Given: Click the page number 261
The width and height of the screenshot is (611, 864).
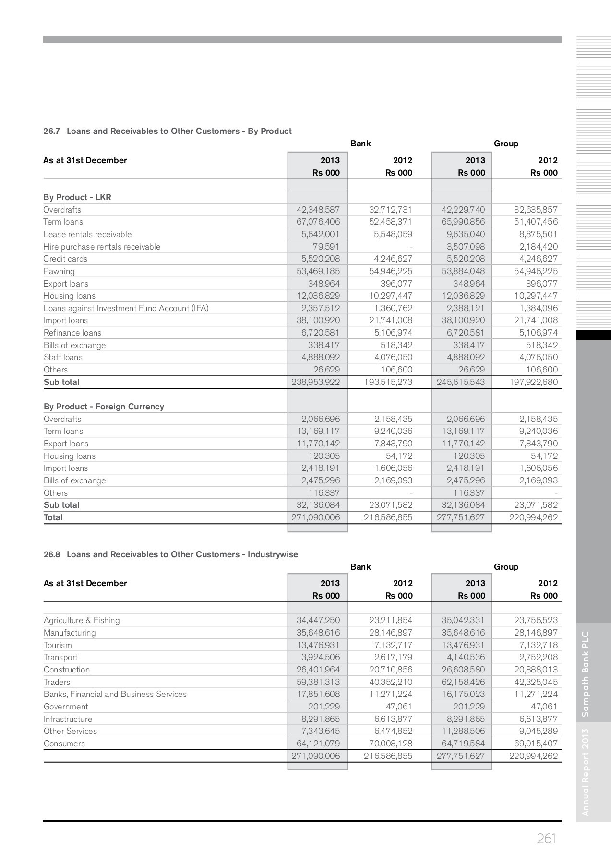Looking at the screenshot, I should pos(546,839).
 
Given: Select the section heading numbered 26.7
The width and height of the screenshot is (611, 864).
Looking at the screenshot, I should pos(167,131).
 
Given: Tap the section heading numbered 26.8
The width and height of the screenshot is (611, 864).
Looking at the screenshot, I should pos(170,554).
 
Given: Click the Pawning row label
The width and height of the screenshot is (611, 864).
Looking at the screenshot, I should pos(59,271).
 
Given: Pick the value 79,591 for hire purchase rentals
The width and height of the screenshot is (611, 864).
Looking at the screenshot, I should pos(326,247).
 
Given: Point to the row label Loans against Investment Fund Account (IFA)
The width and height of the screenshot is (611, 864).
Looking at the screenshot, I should pos(126,308).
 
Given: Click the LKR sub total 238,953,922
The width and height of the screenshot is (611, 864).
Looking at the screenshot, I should pos(316,382).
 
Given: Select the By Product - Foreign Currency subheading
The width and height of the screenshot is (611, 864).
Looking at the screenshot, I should pos(104,407).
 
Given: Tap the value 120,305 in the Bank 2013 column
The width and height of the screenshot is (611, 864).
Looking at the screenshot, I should pos(323,456).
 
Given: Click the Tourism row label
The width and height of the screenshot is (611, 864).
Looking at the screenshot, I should pos(58,645).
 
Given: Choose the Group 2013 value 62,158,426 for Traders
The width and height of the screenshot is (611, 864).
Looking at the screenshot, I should pos(463,682).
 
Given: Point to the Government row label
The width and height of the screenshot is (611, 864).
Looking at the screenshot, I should pos(66,707).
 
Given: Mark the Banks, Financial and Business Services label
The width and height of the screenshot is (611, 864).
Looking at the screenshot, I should pos(115,694).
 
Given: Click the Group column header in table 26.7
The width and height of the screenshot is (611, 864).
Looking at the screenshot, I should pos(506,144).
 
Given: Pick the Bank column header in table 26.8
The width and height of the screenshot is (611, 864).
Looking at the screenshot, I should pos(360,567).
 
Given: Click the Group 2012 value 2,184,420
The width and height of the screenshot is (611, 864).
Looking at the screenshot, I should pos(538,247).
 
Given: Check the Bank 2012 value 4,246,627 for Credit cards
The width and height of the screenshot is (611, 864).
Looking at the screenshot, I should pos(393,259).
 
